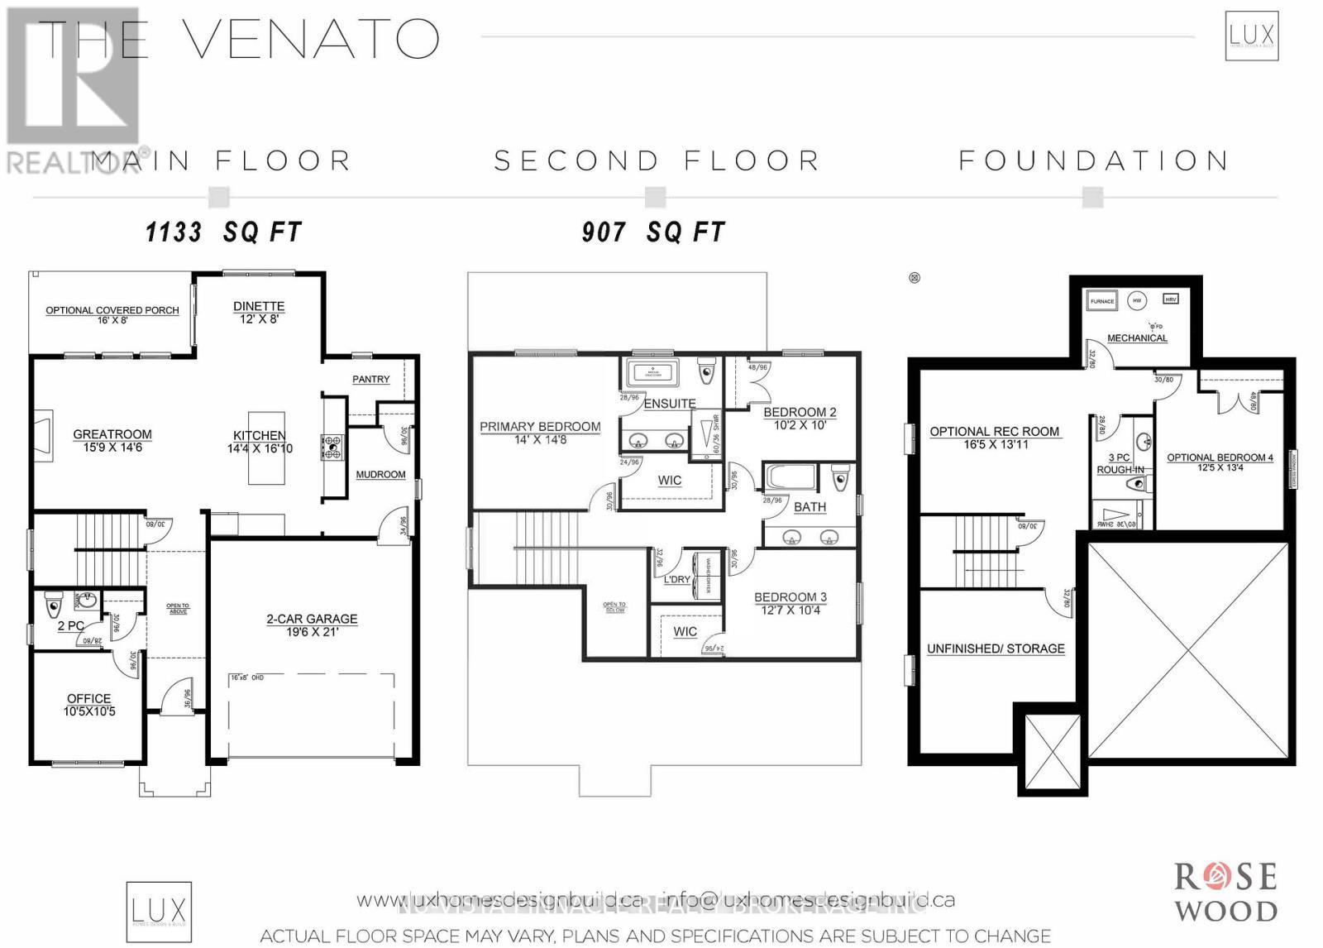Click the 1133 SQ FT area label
tap(223, 232)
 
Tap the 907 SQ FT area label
tap(653, 232)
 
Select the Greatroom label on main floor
tap(112, 440)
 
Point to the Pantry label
tap(370, 379)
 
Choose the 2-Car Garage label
tap(312, 625)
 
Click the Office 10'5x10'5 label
tap(88, 705)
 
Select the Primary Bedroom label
tap(540, 433)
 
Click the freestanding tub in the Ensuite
tap(652, 372)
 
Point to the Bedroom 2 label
tap(800, 418)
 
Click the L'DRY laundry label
tap(676, 579)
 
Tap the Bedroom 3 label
tap(790, 603)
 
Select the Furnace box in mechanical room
tap(1102, 301)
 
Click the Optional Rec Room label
tap(994, 437)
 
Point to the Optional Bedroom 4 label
tap(1220, 462)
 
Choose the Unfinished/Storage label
tap(996, 649)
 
